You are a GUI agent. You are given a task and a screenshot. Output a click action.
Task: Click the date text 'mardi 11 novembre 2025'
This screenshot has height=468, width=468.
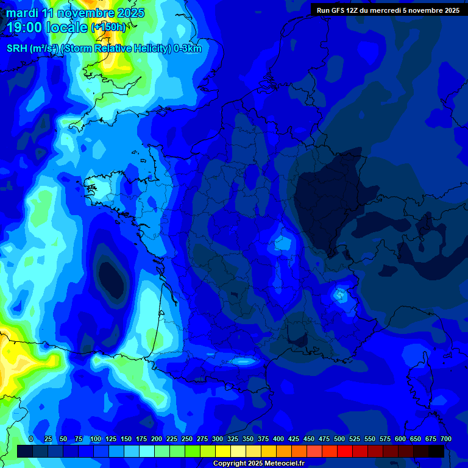click(75, 13)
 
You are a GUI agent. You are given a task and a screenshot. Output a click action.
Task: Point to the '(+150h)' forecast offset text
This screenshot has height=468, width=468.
click(108, 27)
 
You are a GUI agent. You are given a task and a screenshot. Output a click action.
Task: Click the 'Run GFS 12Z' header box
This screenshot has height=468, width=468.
click(388, 10)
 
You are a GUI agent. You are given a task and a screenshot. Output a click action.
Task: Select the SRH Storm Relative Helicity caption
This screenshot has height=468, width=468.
click(104, 49)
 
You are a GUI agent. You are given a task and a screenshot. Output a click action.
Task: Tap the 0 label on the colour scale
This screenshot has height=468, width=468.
click(31, 439)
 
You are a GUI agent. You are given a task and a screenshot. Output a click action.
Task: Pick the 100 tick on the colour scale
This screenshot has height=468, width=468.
click(96, 439)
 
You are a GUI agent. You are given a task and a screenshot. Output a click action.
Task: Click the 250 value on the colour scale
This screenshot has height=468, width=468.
click(187, 439)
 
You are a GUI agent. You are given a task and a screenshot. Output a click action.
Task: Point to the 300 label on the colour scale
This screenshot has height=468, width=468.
click(218, 439)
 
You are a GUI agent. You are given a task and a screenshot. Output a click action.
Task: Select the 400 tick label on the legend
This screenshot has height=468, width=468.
click(278, 439)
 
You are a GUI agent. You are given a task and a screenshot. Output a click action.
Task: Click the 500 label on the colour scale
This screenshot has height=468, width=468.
click(339, 439)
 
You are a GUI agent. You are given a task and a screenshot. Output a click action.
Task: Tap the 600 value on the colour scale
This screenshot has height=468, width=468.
click(400, 439)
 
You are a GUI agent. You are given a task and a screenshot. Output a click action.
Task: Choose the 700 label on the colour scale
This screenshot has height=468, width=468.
click(445, 439)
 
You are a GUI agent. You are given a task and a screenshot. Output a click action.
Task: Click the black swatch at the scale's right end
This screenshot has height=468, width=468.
click(436, 451)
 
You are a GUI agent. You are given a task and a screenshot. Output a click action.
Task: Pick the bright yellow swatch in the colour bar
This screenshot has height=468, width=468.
click(223, 451)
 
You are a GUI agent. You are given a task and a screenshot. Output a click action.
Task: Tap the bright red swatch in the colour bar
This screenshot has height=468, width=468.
click(345, 451)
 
